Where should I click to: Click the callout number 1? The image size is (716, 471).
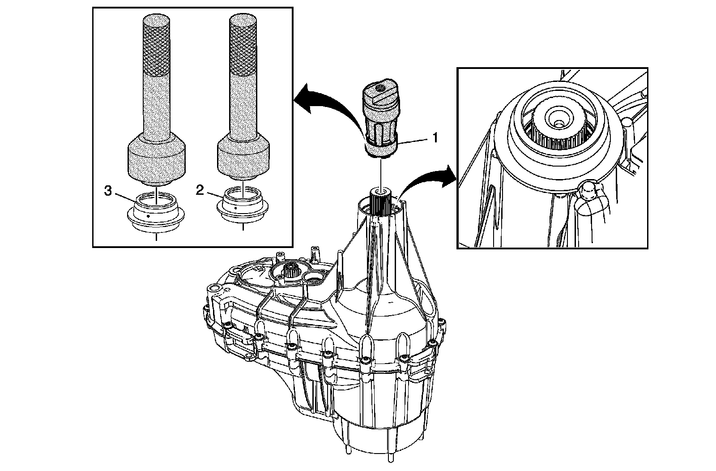pos(434,137)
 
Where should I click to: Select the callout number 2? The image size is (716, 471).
pos(200,191)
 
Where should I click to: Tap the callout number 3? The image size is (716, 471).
pos(108,191)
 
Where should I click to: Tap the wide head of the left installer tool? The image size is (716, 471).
pos(156,159)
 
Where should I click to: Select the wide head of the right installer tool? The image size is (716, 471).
pos(243,157)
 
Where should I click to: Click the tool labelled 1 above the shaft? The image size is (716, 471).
pos(380,121)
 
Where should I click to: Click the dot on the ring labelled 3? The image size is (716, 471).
pos(148,216)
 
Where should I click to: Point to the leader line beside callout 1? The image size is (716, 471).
pos(414,141)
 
